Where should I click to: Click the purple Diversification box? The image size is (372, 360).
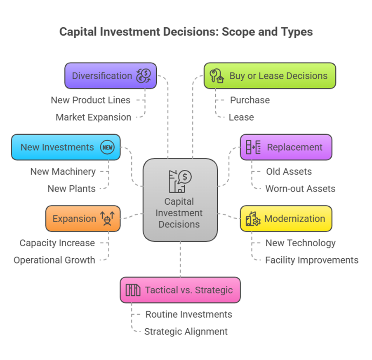[110, 76]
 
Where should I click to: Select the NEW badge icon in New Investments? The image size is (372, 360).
[107, 147]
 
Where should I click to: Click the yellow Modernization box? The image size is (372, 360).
[286, 219]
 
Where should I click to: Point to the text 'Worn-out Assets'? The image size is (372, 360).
[300, 189]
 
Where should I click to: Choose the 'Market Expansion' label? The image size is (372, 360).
[93, 117]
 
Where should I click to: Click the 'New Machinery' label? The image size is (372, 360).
[63, 171]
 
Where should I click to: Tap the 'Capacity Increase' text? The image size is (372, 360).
[57, 243]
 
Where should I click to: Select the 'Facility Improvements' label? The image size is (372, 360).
[312, 260]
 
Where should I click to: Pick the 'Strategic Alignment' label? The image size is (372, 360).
[186, 331]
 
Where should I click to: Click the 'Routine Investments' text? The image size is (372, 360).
[188, 314]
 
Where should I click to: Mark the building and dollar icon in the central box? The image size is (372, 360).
[180, 181]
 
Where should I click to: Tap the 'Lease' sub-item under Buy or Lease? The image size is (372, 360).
[241, 117]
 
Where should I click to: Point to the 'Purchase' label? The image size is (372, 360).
[250, 100]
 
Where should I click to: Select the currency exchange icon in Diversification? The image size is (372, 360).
[144, 76]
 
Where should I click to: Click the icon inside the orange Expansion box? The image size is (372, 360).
[107, 218]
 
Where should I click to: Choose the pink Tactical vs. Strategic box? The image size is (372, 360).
[180, 290]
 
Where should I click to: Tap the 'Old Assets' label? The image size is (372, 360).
[289, 171]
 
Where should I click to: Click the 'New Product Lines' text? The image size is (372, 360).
[90, 100]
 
